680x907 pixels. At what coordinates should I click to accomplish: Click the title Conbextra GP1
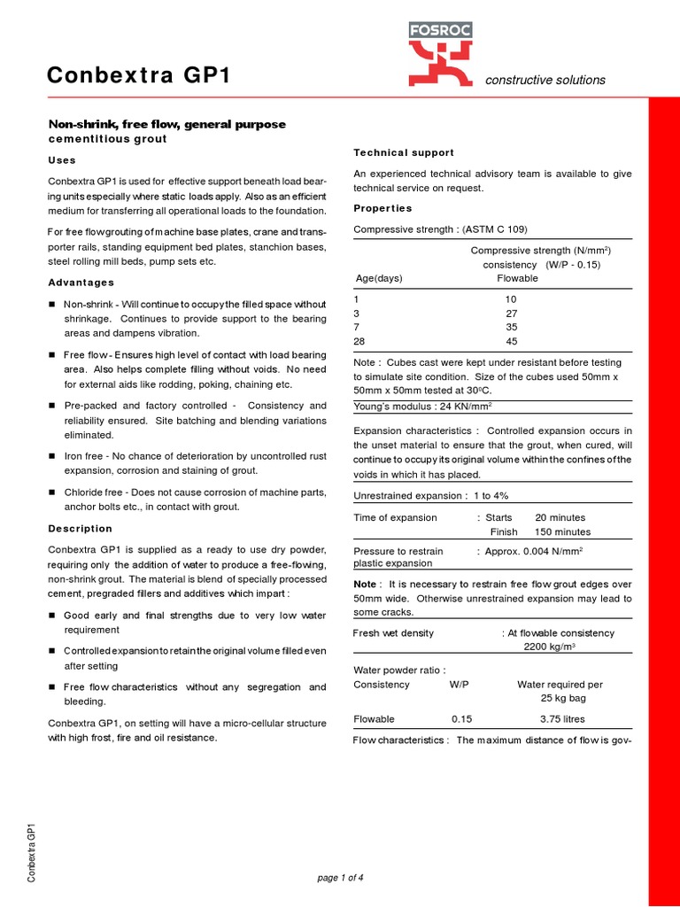[138, 76]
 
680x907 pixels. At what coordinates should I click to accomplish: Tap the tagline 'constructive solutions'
[545, 80]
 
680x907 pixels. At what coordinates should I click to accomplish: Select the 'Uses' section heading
[61, 160]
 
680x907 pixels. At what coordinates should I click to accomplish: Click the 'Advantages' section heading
[81, 283]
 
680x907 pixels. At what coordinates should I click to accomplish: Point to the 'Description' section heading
[81, 529]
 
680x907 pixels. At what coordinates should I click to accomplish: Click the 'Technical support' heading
[404, 152]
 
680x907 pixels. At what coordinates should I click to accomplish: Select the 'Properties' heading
[382, 208]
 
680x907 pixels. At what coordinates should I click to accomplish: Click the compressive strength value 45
[512, 342]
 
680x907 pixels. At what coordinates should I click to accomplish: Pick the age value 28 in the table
[359, 342]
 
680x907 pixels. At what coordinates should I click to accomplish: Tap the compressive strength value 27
[512, 314]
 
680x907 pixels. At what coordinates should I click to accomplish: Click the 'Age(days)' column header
[378, 278]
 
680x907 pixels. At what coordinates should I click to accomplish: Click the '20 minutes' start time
[560, 517]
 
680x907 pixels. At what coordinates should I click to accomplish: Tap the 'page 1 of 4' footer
[340, 878]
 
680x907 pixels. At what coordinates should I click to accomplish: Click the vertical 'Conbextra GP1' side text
[31, 854]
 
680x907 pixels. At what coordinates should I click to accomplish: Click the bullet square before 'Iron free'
[52, 456]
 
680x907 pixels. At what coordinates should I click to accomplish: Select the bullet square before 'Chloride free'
[52, 492]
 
